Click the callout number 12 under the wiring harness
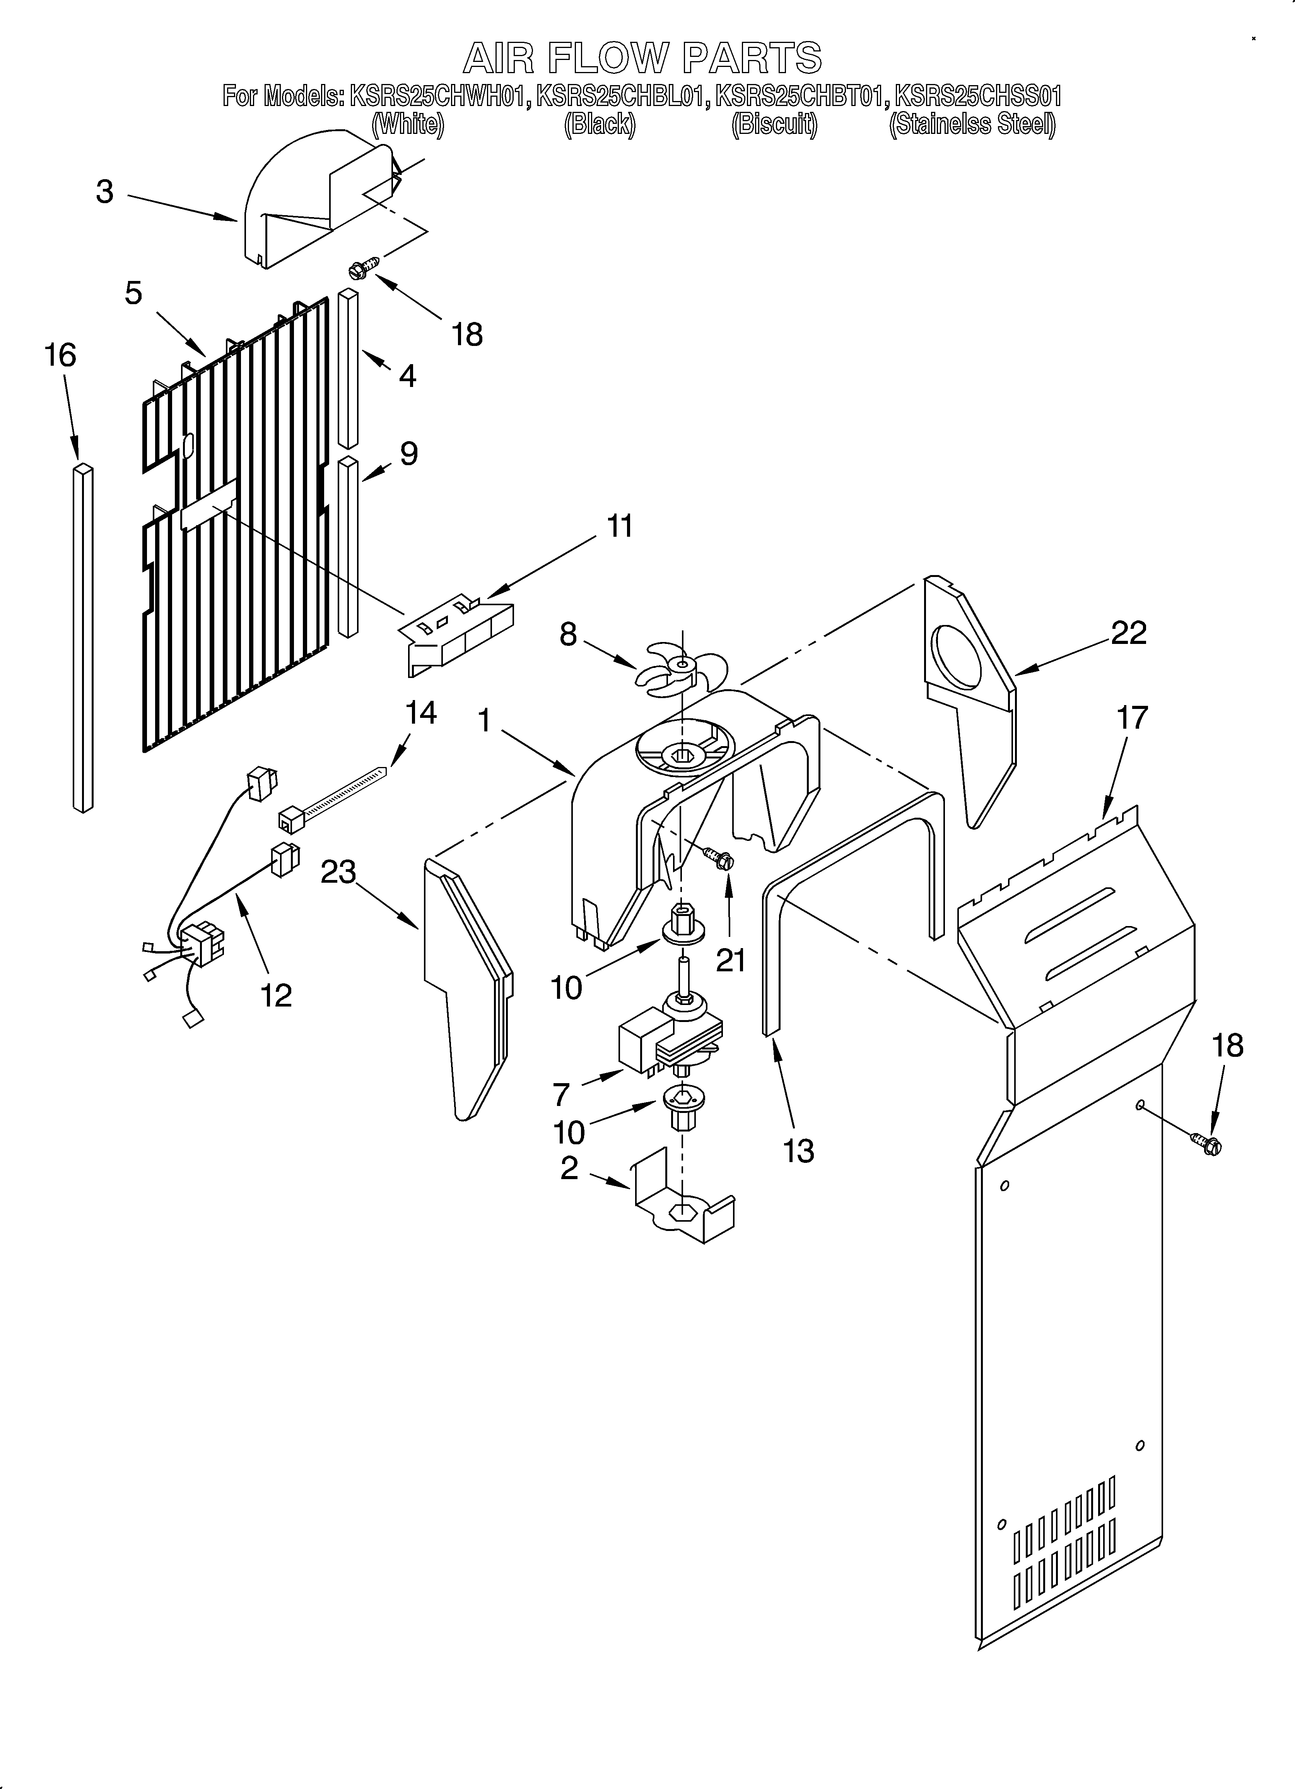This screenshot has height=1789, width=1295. tap(276, 995)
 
